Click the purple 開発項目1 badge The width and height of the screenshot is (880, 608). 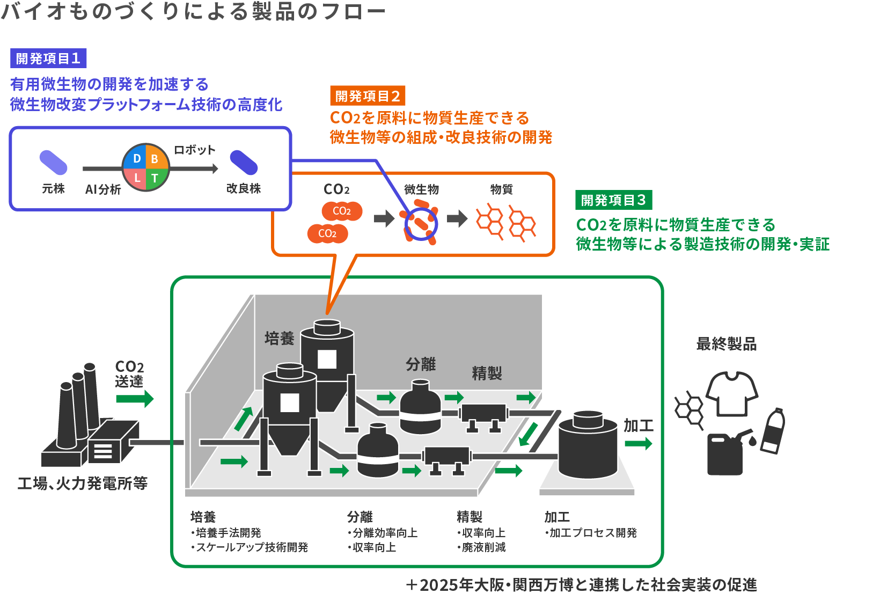point(48,58)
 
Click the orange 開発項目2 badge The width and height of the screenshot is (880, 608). point(368,96)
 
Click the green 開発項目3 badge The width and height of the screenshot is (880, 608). point(613,200)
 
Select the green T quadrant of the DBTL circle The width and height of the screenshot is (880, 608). point(155,178)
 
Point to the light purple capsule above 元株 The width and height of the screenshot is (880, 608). point(54,162)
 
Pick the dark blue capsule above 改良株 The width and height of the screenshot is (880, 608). point(244,162)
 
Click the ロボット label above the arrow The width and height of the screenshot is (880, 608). point(194,150)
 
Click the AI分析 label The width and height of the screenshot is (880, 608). point(103,189)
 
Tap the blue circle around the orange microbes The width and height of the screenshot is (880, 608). point(421,224)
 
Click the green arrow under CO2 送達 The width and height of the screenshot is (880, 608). point(135,399)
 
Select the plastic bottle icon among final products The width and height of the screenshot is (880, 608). point(773,430)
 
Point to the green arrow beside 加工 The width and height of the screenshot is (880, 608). point(639,443)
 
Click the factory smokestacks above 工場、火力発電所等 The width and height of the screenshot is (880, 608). point(78,405)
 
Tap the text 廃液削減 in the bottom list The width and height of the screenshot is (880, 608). point(483,547)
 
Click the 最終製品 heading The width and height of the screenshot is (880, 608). point(727,344)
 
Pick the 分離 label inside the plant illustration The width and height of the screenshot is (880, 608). point(421,364)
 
